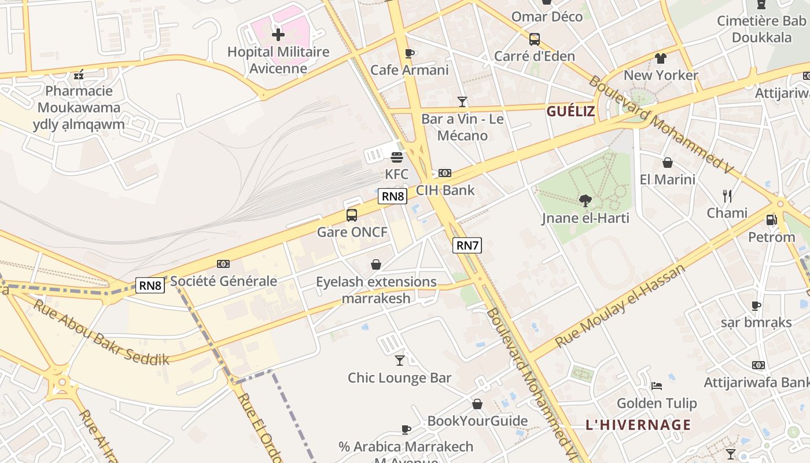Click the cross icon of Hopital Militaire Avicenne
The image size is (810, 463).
278,35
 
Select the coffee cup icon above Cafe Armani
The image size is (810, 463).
410,54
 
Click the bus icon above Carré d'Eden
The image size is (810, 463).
535,39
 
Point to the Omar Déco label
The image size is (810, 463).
547,17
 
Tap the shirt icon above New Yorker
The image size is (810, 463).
661,58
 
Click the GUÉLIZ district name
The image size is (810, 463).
570,112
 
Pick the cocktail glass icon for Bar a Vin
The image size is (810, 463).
462,102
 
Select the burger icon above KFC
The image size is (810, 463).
397,157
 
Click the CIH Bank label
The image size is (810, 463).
445,190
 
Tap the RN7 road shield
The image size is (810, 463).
467,245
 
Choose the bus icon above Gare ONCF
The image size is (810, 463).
352,215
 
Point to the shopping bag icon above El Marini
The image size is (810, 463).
667,163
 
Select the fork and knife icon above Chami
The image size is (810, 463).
727,196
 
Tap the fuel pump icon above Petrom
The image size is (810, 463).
771,220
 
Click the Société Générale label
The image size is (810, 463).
223,281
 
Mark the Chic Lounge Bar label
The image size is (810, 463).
399,378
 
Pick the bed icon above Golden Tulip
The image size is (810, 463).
656,386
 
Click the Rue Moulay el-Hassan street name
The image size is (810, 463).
620,306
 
